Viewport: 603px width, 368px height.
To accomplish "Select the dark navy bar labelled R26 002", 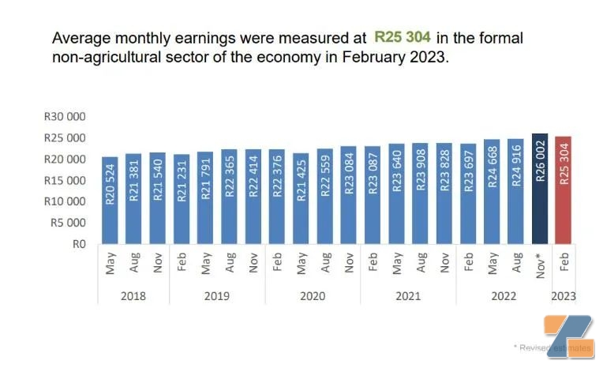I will [x=540, y=189].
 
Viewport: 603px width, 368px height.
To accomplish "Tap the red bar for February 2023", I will [x=564, y=190].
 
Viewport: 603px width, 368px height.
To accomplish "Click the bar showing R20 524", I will [x=110, y=201].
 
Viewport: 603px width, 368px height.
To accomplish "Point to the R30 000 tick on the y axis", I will [x=65, y=117].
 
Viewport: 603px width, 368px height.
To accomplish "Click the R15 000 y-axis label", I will [x=65, y=180].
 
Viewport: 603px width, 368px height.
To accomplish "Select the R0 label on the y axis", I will [x=78, y=244].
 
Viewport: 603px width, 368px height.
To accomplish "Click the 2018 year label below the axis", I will [x=133, y=296].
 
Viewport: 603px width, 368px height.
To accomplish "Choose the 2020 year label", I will [x=313, y=296].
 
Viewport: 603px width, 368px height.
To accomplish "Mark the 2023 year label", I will [x=564, y=296].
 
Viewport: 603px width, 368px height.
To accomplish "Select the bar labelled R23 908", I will [x=420, y=193].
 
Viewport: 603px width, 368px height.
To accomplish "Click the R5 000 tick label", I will [x=67, y=223].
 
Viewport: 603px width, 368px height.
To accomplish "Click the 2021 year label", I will [x=408, y=296].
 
